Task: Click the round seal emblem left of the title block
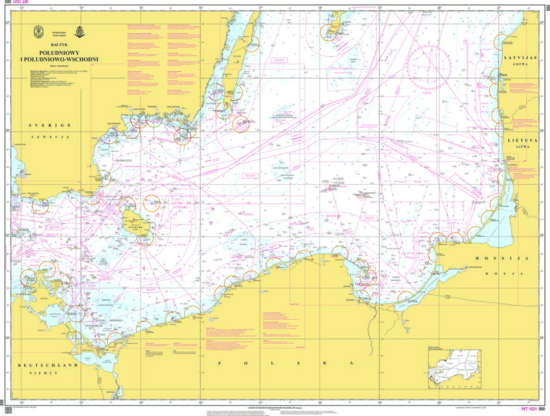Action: pos(38,32)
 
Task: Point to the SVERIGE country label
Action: pos(50,125)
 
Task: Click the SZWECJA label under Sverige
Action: pos(50,137)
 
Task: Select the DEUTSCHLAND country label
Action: pos(48,365)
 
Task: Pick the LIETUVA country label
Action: pos(523,139)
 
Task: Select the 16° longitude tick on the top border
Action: pos(201,7)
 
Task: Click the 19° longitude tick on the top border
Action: pos(380,7)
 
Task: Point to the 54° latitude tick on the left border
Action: pos(7,339)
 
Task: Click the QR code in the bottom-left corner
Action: pos(7,409)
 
